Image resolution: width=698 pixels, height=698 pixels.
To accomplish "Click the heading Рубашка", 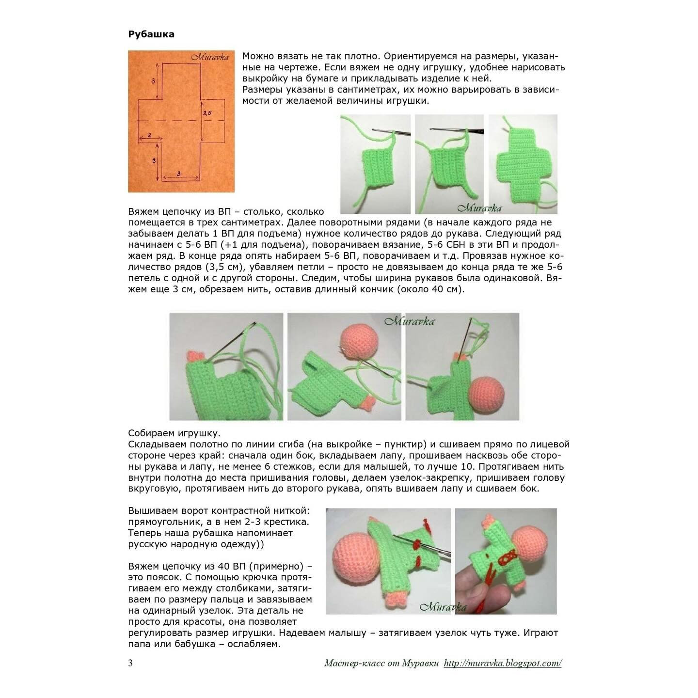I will pos(151,34).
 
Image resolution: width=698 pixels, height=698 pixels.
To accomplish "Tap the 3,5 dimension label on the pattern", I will pos(206,113).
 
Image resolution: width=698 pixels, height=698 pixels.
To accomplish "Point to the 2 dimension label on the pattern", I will pos(149,135).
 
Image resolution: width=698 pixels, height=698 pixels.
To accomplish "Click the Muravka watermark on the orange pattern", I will pos(210,57).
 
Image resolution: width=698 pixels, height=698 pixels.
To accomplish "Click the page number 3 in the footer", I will pos(130,663).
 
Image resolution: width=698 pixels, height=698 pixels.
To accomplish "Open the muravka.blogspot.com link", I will pos(503,664).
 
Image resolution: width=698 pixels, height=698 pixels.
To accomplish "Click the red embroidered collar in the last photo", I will pos(507,557).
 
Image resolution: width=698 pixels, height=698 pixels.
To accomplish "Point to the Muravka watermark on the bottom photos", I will pos(443,607).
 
